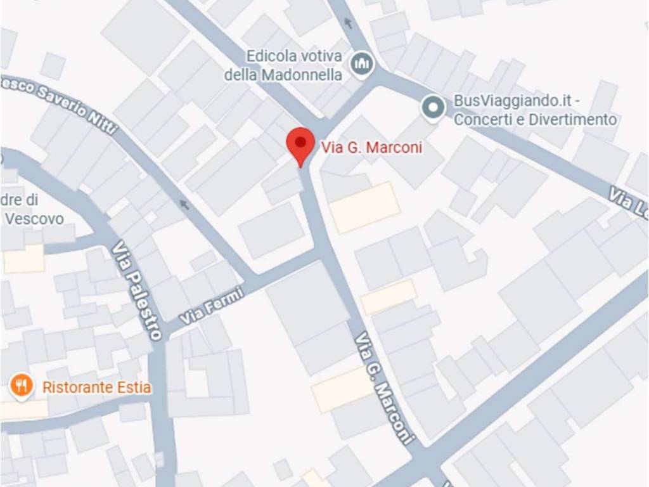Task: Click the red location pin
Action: (x=300, y=145)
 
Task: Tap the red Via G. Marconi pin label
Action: (x=371, y=148)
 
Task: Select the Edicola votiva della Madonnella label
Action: (x=285, y=65)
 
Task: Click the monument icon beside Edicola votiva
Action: (x=363, y=63)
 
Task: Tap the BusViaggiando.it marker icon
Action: (x=433, y=108)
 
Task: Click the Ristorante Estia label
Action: (x=96, y=387)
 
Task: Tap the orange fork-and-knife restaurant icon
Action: (x=22, y=386)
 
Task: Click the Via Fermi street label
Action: (x=212, y=306)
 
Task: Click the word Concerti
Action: (x=482, y=119)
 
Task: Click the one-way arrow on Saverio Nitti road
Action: (x=184, y=204)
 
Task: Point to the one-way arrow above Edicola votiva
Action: (x=348, y=23)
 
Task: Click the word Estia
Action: (x=133, y=387)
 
